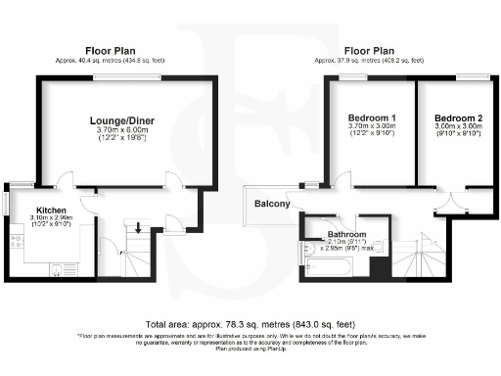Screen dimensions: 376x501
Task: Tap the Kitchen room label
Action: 51,211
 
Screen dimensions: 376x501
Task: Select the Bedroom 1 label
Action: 369,117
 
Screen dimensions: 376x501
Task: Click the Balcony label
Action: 272,204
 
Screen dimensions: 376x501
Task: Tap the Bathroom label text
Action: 346,235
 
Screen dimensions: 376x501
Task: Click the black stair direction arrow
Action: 139,228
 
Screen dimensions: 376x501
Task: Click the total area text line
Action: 250,323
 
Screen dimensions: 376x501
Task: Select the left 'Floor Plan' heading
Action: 111,50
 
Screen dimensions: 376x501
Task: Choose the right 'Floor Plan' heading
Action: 368,50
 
